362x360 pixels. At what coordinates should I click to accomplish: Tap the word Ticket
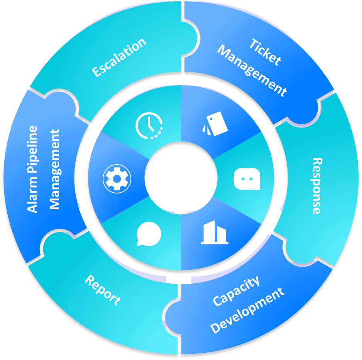point(265,52)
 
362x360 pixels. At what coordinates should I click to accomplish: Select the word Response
point(316,185)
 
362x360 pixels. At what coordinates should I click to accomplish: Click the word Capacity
point(236,291)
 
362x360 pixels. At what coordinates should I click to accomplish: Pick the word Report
point(102,289)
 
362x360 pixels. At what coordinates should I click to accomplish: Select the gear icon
point(117,179)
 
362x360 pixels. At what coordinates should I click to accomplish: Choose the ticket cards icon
point(215,123)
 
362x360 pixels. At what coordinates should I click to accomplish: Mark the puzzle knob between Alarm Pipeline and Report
point(55,243)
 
